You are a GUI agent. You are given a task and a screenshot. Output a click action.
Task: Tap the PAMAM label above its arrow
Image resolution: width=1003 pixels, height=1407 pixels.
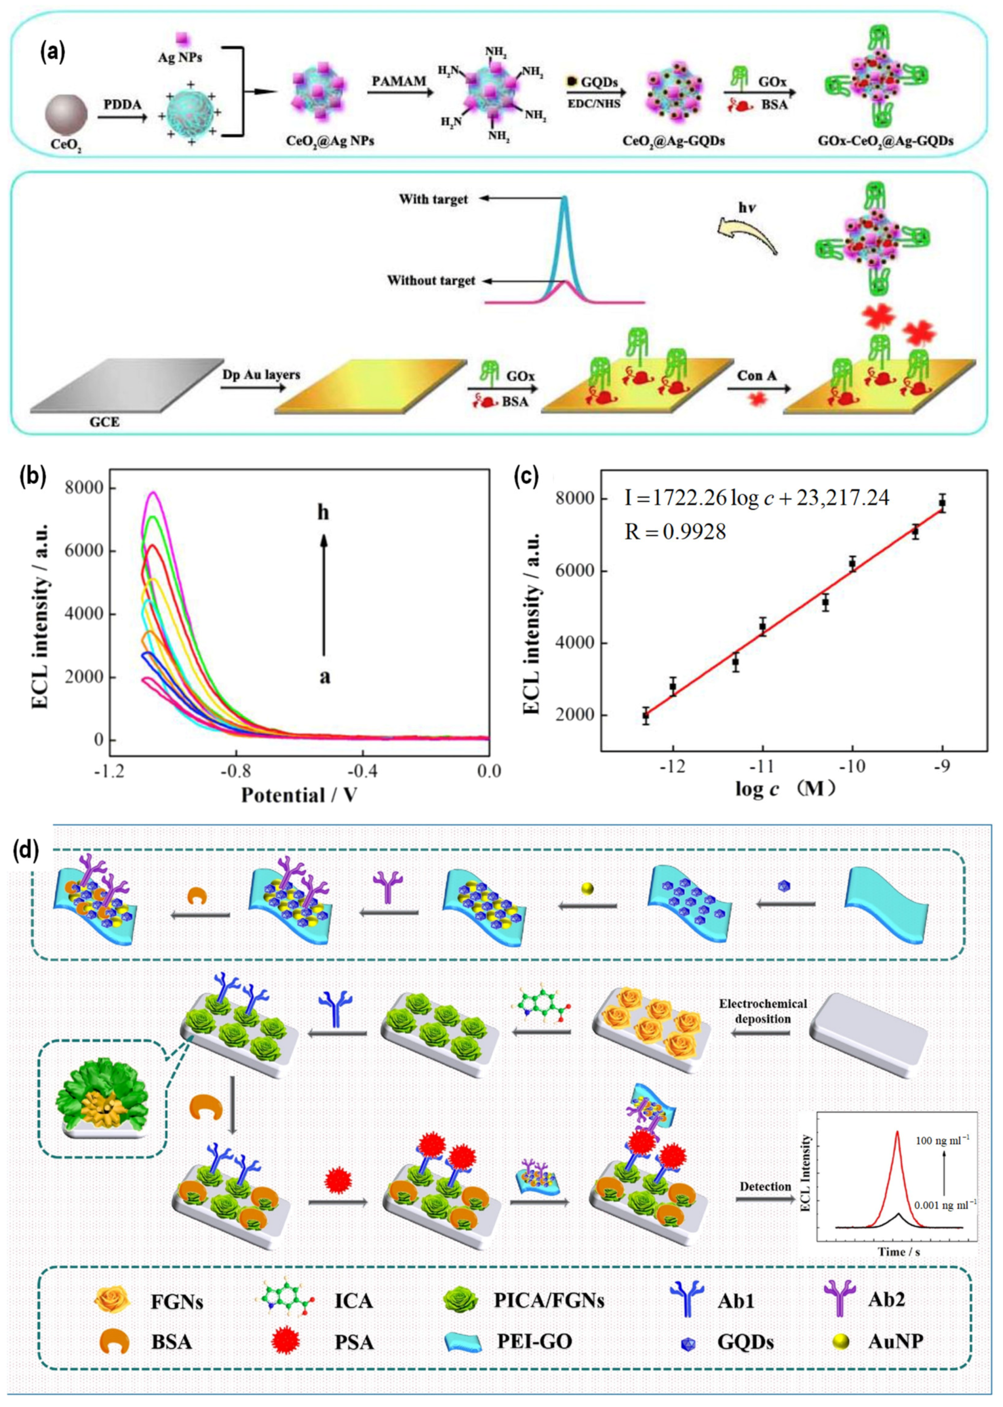398,81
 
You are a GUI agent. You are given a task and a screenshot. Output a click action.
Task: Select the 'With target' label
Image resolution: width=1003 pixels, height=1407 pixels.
433,200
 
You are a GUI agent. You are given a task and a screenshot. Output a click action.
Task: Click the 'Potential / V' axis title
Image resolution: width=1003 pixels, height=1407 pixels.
299,795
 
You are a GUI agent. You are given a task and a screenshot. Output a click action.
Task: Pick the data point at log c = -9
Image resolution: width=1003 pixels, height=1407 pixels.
943,503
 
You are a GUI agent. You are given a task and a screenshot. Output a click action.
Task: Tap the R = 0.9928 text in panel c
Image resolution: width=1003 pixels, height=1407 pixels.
675,531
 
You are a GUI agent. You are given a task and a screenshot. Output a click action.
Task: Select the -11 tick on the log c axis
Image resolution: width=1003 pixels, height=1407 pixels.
763,766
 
